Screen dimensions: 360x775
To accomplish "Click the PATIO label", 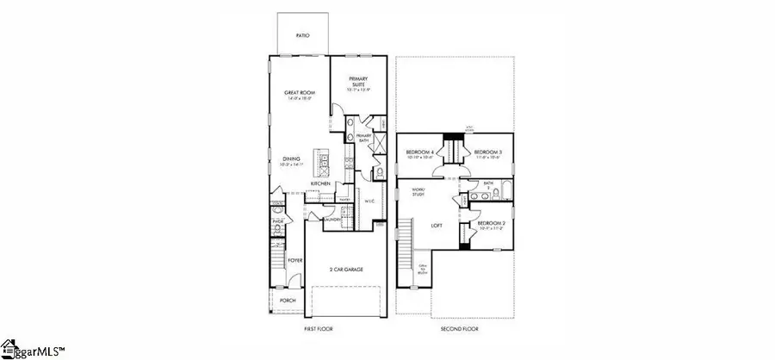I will point(302,36).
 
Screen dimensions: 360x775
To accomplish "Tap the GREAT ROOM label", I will point(297,95).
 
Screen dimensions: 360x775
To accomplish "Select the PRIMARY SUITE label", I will point(358,82).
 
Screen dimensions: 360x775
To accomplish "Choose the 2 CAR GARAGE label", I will point(345,270).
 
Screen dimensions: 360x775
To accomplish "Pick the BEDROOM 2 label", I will point(492,225).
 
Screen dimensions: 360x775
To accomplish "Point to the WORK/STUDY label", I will point(418,190).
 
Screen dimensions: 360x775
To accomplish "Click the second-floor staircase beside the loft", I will point(401,247).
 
